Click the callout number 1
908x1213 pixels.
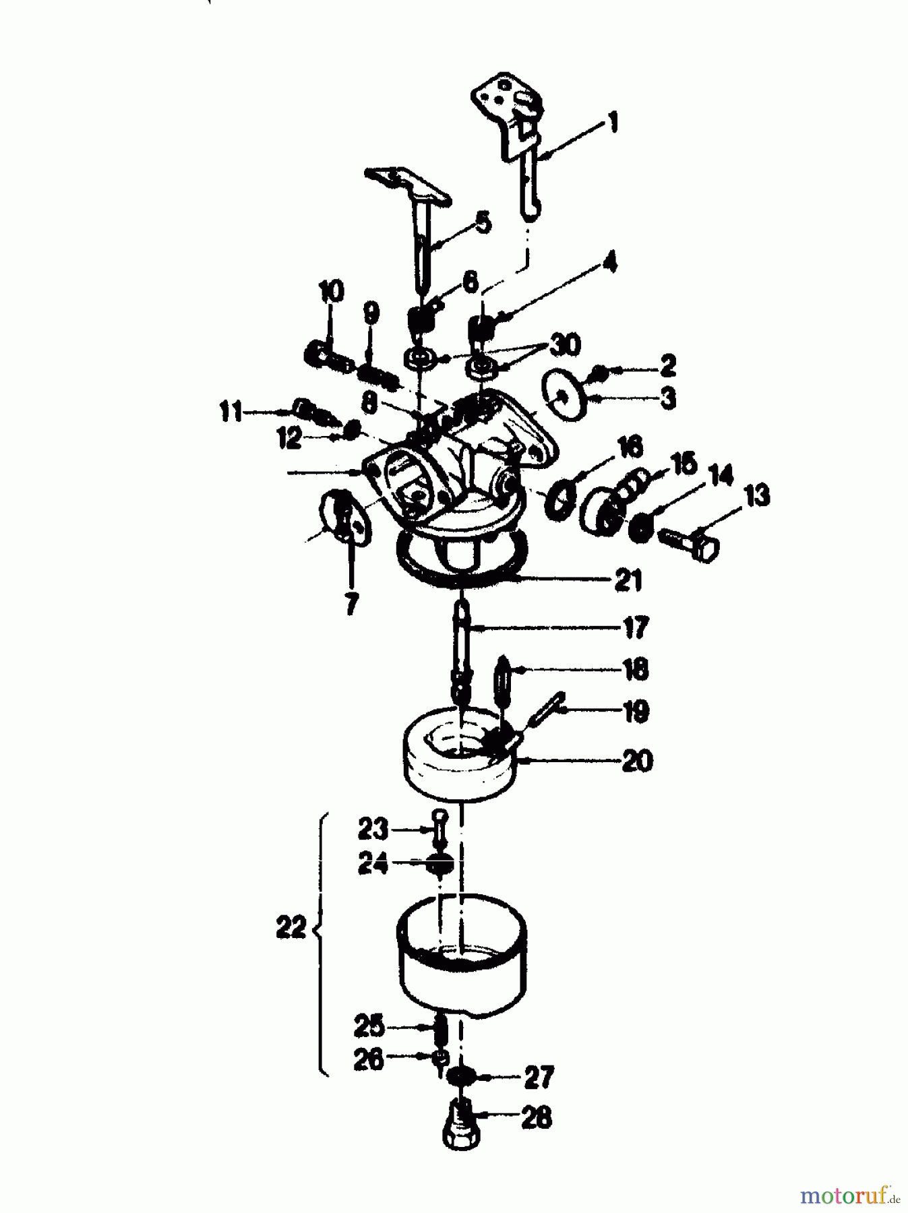[x=612, y=123]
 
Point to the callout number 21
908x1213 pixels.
[x=628, y=580]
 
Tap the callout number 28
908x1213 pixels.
[x=537, y=1118]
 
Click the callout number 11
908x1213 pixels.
[x=231, y=410]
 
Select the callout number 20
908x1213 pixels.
[x=637, y=761]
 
